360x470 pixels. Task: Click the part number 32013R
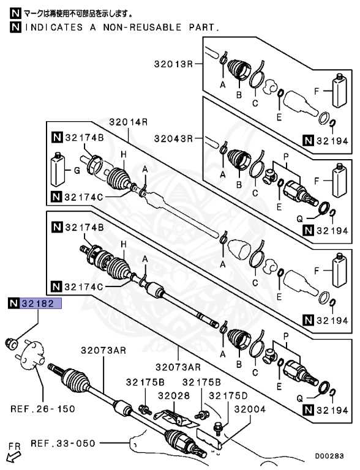click(x=173, y=64)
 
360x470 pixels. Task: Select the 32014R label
click(x=129, y=122)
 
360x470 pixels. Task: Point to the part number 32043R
click(x=173, y=139)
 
